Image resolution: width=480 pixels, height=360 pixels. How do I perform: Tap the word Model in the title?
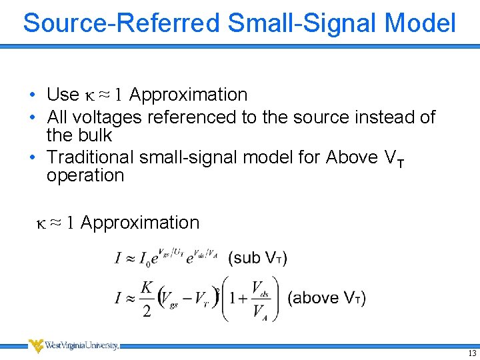[420, 23]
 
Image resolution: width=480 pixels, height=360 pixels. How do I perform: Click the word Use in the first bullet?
[63, 95]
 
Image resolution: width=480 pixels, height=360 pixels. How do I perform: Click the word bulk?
[94, 135]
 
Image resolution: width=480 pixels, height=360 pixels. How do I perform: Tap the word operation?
[85, 176]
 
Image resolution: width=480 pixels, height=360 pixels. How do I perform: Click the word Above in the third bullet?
[351, 157]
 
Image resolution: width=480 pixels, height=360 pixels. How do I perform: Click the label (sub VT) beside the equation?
[257, 257]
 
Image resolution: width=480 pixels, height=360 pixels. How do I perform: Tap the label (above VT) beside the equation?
[327, 297]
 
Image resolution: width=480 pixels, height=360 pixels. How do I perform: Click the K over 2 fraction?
[147, 299]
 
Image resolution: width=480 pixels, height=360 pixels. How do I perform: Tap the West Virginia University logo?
[73, 345]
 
